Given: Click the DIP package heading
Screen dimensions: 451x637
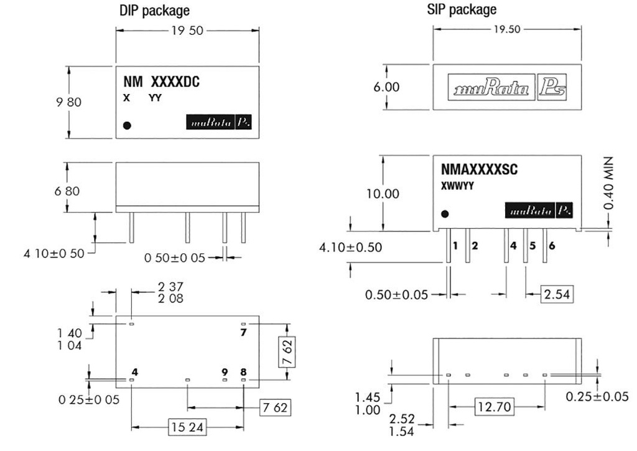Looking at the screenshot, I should pyautogui.click(x=154, y=11).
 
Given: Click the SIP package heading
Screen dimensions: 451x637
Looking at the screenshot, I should pyautogui.click(x=462, y=10).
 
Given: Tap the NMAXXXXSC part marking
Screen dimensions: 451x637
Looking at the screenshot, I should pyautogui.click(x=479, y=170).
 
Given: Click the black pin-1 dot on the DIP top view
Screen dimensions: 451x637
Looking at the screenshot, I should pyautogui.click(x=128, y=125).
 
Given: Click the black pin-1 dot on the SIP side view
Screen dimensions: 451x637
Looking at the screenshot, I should pyautogui.click(x=445, y=215).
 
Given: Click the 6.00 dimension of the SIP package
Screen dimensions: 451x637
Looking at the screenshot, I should pyautogui.click(x=386, y=87).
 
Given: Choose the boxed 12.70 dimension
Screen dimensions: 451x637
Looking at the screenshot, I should pyautogui.click(x=495, y=407).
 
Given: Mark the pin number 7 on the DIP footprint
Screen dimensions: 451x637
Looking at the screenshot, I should pyautogui.click(x=244, y=333).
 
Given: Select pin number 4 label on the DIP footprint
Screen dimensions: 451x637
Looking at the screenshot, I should pyautogui.click(x=134, y=372).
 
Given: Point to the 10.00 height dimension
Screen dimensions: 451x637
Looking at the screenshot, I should pyautogui.click(x=383, y=193).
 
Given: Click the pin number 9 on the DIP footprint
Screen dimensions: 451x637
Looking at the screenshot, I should pyautogui.click(x=225, y=372).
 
